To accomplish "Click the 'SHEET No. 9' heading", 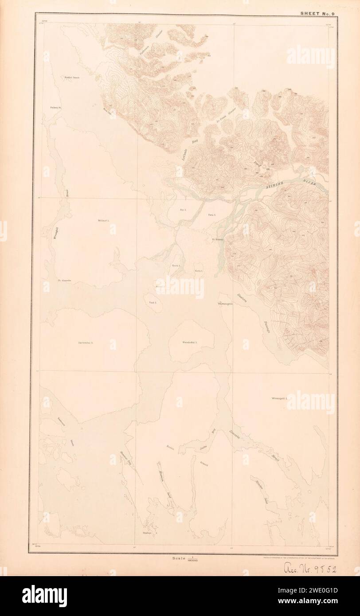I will click(x=319, y=13).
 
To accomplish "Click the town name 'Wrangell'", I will click(x=226, y=304).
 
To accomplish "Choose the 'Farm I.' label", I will click(x=211, y=214).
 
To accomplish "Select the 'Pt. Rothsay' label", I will click(x=217, y=240).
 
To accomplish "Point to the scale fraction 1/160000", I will click(x=192, y=559).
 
